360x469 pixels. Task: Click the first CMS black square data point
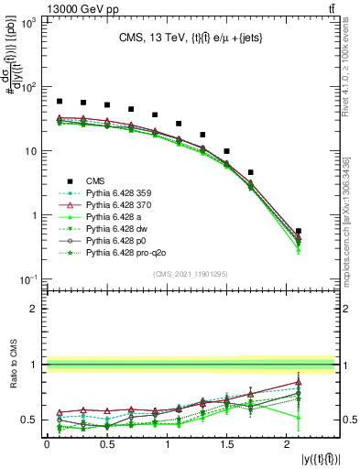[60, 102]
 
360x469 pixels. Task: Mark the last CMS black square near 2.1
[299, 232]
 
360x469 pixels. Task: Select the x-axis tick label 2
[288, 444]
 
